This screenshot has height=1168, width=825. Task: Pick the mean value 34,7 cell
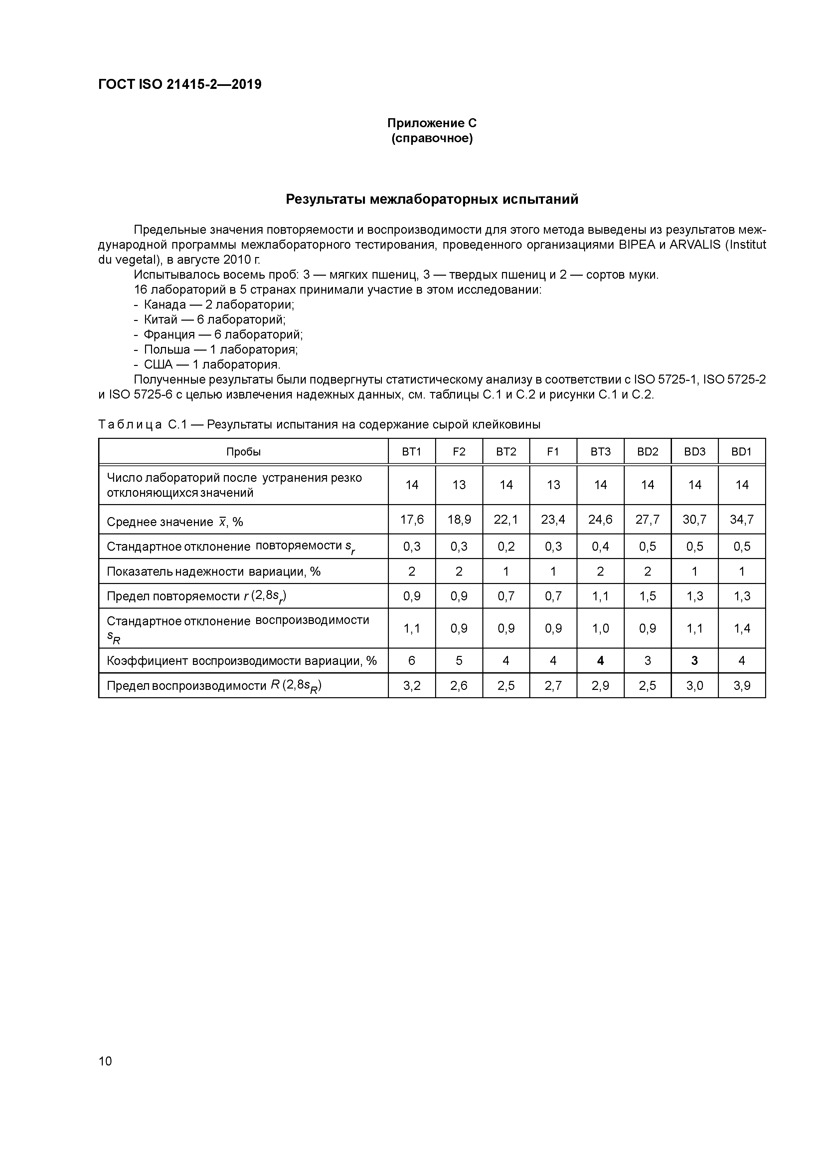click(x=741, y=519)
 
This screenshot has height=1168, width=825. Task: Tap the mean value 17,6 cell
click(x=412, y=519)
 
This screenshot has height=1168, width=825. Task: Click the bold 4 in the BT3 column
click(x=600, y=660)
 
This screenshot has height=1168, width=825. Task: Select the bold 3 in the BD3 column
click(x=694, y=660)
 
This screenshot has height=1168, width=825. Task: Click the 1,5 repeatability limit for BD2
click(x=647, y=596)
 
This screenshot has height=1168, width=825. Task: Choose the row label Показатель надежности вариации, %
click(x=214, y=571)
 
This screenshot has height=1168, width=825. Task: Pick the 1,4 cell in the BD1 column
click(x=741, y=628)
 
